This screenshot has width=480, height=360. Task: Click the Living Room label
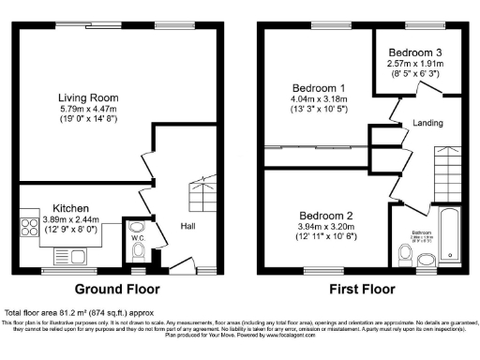tap(88, 97)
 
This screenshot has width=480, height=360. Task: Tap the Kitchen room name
tap(70, 207)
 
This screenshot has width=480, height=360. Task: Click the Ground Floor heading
tap(117, 288)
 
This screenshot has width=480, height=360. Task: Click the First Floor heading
tap(359, 288)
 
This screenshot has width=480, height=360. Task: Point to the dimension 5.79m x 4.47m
tap(88, 110)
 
